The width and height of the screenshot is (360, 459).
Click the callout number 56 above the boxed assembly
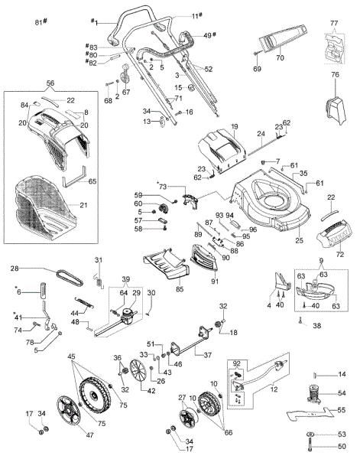click(x=50, y=83)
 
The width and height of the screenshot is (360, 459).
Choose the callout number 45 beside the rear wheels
click(x=72, y=356)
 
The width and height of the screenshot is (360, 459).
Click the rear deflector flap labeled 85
click(x=164, y=265)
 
